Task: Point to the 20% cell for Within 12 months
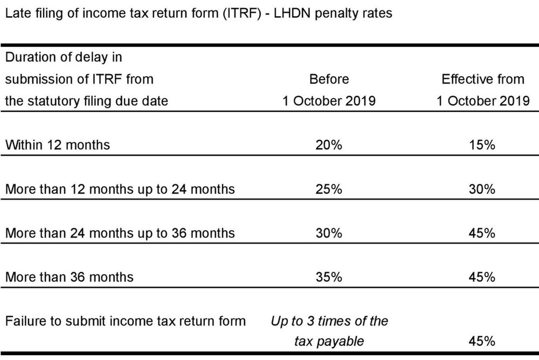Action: coord(329,145)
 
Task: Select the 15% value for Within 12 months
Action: coord(482,145)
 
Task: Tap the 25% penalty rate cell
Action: coord(329,189)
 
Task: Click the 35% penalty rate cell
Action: coord(329,277)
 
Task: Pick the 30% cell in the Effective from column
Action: coord(482,189)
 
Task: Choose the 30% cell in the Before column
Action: coord(329,233)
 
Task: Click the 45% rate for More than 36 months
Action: coord(482,277)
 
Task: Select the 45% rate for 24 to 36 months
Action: coord(482,233)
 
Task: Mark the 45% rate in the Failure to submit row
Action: coord(482,341)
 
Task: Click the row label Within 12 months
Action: coord(57,145)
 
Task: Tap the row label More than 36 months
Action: coord(69,277)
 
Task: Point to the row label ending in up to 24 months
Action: coord(120,189)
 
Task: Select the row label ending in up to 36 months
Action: coord(120,233)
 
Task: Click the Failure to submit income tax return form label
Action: coord(125,321)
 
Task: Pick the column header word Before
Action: coord(329,79)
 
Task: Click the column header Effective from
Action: coord(482,79)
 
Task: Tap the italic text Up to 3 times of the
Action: coord(329,321)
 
